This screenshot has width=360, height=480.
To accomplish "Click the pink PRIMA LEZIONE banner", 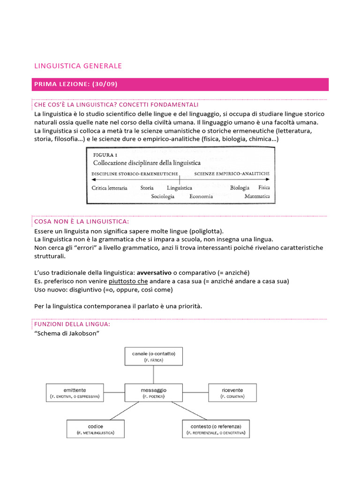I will pyautogui.click(x=180, y=84).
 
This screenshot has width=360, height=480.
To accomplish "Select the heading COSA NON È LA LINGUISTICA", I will pyautogui.click(x=81, y=221).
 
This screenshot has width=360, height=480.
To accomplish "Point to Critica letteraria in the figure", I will pyautogui.click(x=109, y=187).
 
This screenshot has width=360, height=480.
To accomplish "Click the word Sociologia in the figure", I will pyautogui.click(x=163, y=196).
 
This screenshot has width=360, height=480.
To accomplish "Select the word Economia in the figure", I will pyautogui.click(x=201, y=196).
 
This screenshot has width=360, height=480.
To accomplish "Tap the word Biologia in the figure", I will pyautogui.click(x=240, y=187).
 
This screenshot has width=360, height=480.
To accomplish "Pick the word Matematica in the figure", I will pyautogui.click(x=257, y=196).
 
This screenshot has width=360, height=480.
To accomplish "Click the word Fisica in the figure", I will pyautogui.click(x=264, y=187).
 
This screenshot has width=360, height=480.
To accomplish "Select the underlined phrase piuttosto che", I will pyautogui.click(x=128, y=281).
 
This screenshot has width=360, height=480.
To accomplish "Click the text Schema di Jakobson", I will pyautogui.click(x=62, y=333).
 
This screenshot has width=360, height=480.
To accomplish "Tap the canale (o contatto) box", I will pyautogui.click(x=154, y=356).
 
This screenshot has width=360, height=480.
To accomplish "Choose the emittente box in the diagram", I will pyautogui.click(x=75, y=392).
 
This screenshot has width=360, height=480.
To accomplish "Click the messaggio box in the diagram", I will pyautogui.click(x=154, y=392).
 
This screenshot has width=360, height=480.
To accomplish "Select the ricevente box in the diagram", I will pyautogui.click(x=232, y=392).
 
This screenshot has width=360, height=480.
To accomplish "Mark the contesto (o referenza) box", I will pyautogui.click(x=216, y=429).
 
